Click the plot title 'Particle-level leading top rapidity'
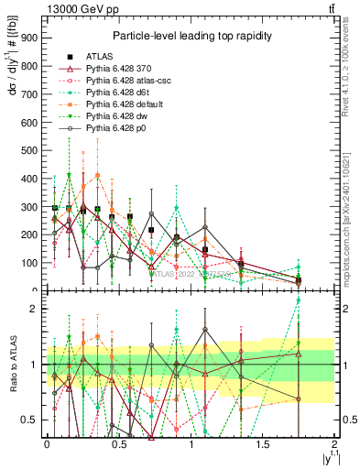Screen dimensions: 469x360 click(190, 36)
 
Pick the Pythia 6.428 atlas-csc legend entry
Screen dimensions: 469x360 click(125, 82)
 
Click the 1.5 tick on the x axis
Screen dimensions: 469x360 click(264, 444)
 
